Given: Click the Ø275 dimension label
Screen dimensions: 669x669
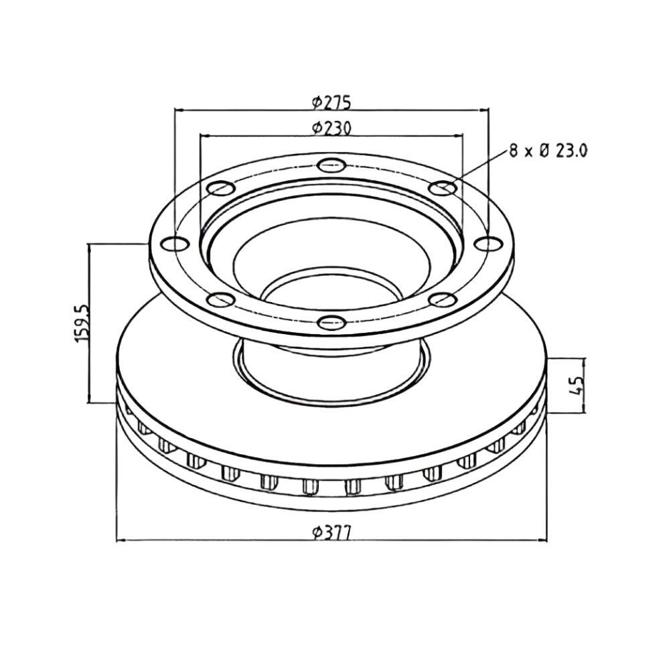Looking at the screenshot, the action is click(x=331, y=102).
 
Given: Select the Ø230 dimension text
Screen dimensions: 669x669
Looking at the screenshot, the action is click(x=331, y=127).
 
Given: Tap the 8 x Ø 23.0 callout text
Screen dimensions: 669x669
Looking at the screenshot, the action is click(x=548, y=151).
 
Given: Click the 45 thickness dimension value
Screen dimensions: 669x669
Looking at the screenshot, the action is click(x=575, y=386).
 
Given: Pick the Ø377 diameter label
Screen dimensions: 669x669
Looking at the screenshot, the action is click(x=331, y=533).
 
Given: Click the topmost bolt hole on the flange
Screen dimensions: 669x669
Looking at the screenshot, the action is click(x=331, y=165).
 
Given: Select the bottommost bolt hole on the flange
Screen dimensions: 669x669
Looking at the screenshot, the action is click(x=331, y=321).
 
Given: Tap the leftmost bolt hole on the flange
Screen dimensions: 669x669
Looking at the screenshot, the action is click(x=175, y=243).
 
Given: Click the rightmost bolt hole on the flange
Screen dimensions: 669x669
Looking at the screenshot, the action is click(x=488, y=243).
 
